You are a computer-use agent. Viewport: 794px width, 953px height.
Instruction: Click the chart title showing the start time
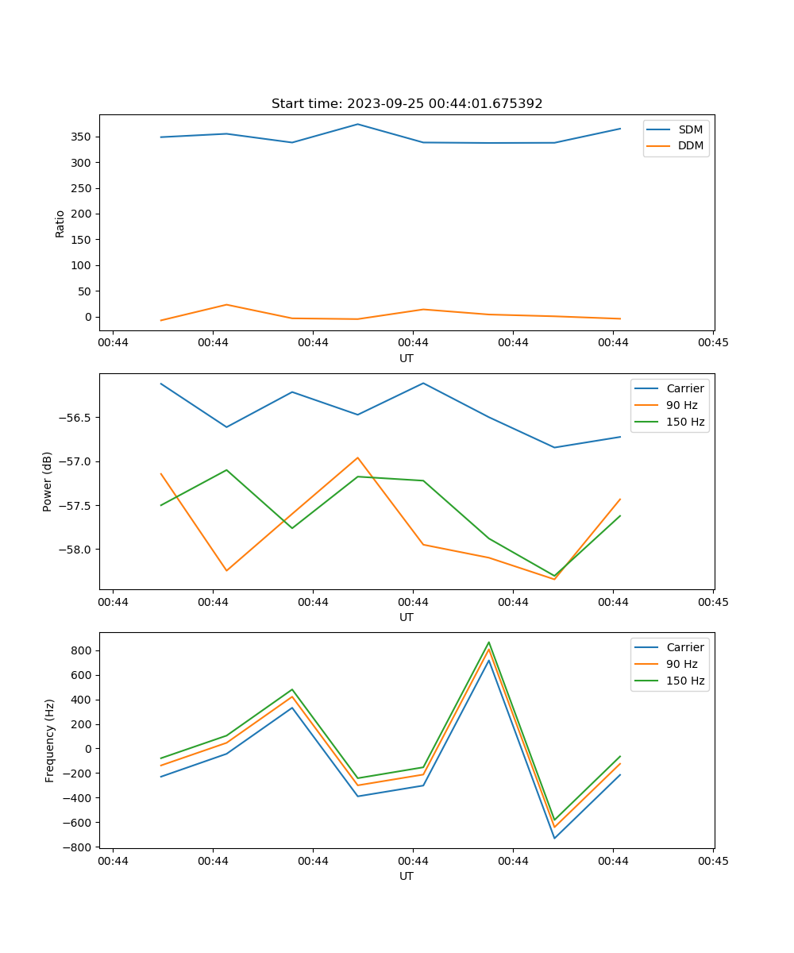(407, 104)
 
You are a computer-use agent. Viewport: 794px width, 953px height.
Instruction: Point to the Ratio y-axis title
(60, 222)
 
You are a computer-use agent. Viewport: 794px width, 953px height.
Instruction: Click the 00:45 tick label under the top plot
(712, 343)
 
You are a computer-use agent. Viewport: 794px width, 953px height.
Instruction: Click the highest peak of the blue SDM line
(357, 124)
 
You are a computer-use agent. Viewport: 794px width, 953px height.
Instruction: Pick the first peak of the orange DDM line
(226, 305)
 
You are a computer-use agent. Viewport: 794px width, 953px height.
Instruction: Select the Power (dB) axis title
(48, 481)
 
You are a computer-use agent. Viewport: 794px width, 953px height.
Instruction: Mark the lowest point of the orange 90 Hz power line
(554, 579)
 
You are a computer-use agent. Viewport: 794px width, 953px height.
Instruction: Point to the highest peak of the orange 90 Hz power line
(357, 457)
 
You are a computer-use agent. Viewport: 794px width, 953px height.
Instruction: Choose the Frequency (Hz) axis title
(49, 740)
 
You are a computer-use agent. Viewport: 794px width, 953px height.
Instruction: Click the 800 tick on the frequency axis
(82, 650)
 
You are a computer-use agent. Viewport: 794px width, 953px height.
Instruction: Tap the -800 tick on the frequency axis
(79, 847)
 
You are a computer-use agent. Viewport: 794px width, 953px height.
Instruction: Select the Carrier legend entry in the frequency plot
(684, 647)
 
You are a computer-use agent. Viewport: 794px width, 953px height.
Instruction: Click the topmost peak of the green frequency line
(489, 642)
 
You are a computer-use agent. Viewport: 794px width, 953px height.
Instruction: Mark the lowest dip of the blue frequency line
(554, 838)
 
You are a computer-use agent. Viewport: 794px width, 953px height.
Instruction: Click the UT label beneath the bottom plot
(407, 876)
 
